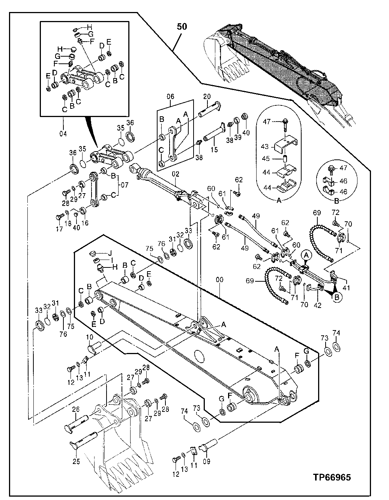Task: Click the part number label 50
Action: point(182,27)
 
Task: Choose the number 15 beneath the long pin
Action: point(214,150)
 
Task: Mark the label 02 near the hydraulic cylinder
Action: point(176,174)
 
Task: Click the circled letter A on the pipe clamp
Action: point(306,255)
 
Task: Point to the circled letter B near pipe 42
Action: point(336,296)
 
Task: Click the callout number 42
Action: point(317,305)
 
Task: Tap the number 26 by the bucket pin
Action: point(76,410)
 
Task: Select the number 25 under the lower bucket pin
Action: point(76,462)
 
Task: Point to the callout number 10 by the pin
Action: point(90,337)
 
